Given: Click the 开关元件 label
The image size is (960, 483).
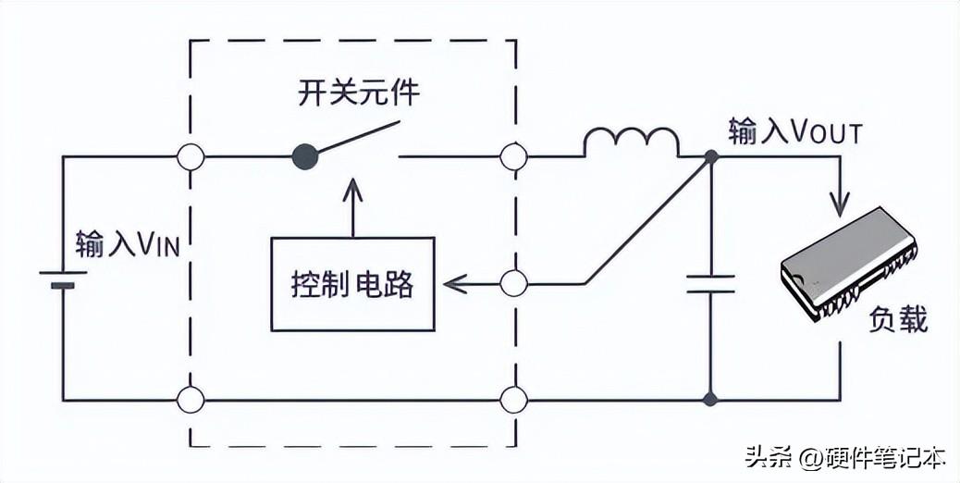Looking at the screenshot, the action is click(x=359, y=93).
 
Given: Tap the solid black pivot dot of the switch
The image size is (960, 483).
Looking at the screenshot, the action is click(x=305, y=156).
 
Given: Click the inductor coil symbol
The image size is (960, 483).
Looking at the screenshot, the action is click(x=632, y=142).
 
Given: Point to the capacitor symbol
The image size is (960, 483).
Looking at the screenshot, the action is click(x=710, y=284).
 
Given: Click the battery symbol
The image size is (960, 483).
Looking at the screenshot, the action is click(x=63, y=279).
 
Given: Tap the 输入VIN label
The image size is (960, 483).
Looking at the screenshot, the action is click(x=128, y=243).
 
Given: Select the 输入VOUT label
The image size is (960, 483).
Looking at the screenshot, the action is click(x=795, y=132).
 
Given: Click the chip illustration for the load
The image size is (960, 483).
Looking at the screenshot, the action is click(x=849, y=264).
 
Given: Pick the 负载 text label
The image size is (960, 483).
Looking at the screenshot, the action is click(x=898, y=319).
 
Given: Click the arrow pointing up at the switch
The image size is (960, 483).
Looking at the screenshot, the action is click(x=352, y=207).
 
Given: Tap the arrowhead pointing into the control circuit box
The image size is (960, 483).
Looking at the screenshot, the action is click(x=454, y=284).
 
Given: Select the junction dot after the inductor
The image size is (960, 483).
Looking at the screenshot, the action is click(x=711, y=156).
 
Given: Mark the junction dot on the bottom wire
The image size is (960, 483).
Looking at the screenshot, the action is click(x=710, y=401).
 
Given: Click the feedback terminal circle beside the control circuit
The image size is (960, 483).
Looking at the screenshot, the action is click(x=513, y=284).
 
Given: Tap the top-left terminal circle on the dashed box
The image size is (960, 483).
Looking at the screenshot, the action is click(x=191, y=156).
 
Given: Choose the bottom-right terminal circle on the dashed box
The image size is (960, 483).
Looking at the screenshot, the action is click(x=513, y=401).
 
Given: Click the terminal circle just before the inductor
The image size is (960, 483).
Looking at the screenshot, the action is click(x=513, y=156).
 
